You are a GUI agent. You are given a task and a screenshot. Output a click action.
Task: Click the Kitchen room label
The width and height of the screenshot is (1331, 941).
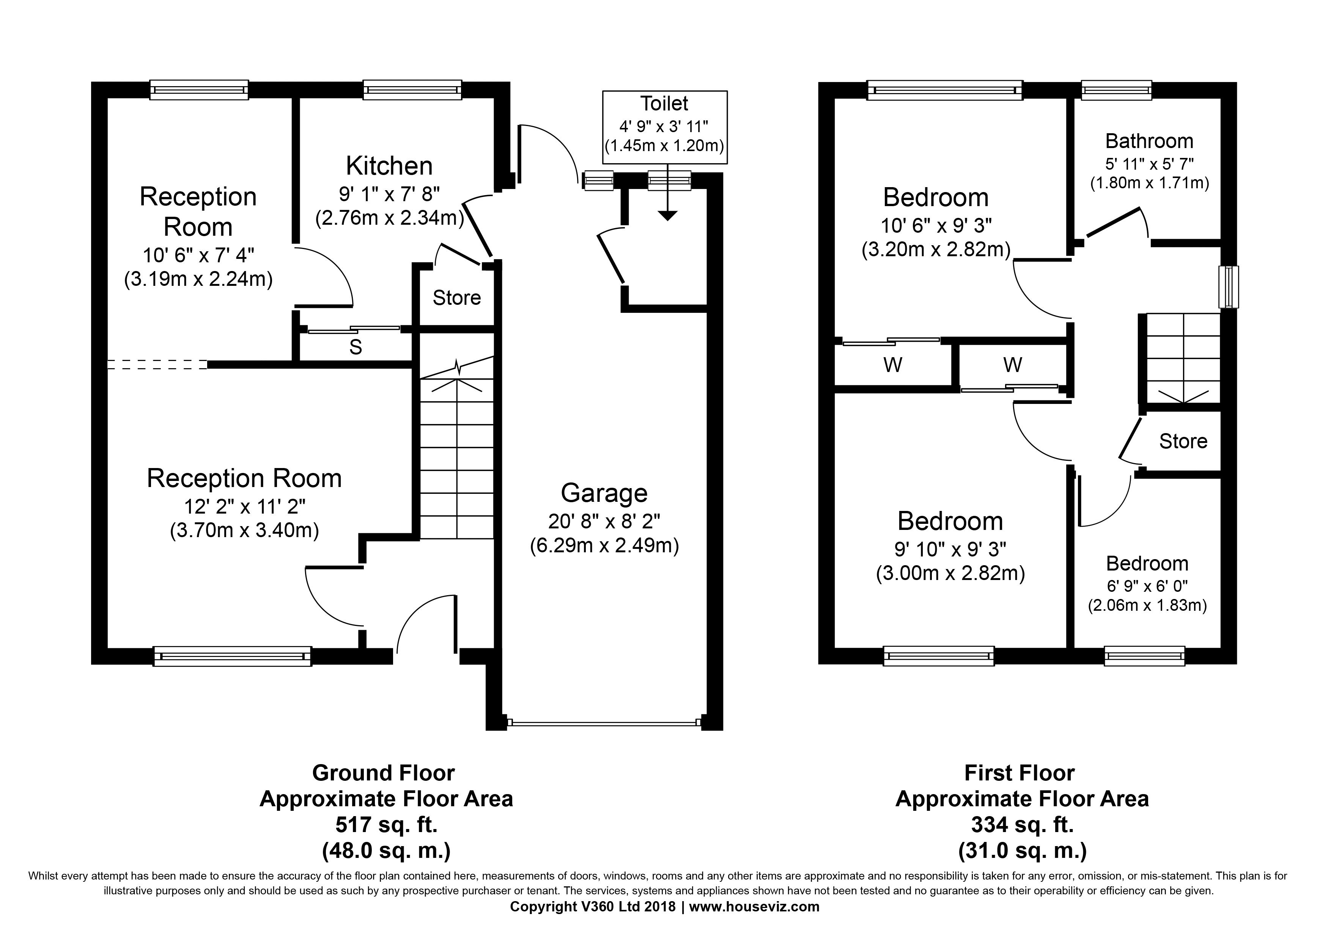pos(389,166)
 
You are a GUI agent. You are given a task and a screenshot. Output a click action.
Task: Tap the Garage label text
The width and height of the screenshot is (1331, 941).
pos(604,493)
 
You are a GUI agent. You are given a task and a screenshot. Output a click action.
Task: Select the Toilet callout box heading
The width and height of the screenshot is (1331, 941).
pos(664,103)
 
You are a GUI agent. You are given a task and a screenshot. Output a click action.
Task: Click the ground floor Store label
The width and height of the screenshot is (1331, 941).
pos(457,298)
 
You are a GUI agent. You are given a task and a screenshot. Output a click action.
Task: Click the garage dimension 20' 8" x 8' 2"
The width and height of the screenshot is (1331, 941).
pos(604,522)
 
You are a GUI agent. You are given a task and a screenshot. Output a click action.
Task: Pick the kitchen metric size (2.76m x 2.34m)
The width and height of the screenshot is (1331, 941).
pos(390,218)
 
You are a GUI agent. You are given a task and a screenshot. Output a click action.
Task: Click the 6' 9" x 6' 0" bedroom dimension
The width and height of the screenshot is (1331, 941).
pos(1147,586)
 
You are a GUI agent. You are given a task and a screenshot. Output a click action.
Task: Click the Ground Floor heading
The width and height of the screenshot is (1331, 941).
pos(383,773)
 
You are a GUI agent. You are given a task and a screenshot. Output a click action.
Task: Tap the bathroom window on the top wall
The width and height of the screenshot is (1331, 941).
pos(1117,90)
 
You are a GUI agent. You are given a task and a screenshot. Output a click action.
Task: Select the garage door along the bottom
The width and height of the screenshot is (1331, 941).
pos(604,723)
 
